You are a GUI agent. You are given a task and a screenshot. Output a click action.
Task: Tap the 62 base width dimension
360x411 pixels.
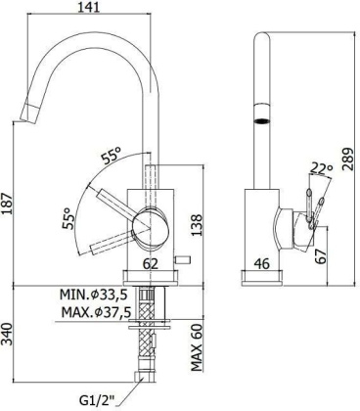tap(150, 261)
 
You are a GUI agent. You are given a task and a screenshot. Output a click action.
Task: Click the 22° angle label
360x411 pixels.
tap(322, 168)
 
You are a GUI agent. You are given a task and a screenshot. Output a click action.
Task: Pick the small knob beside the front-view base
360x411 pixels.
tap(182, 262)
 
